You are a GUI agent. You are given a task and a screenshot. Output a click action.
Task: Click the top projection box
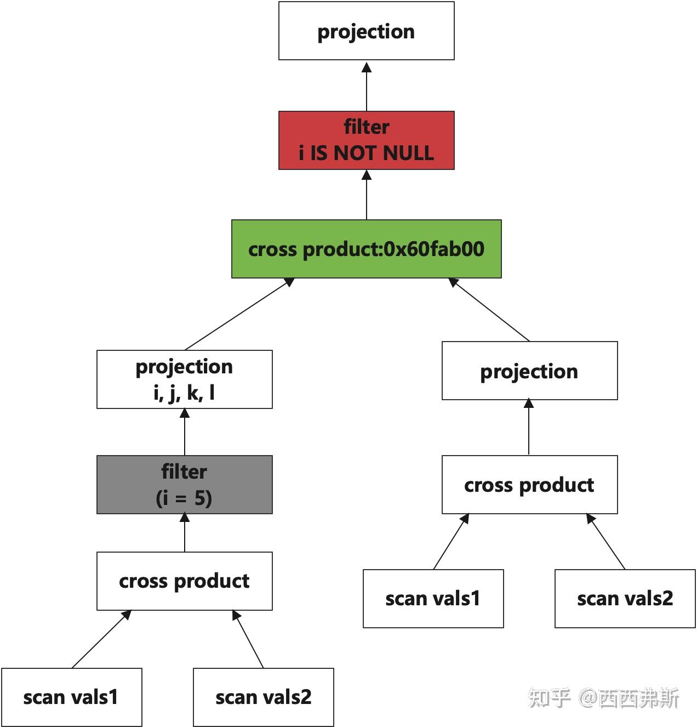pos(366,31)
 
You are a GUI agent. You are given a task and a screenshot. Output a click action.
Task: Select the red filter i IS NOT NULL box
pos(366,140)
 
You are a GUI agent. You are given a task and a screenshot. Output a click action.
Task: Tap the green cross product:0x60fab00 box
pos(366,249)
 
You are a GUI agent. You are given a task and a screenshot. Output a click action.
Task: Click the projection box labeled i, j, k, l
pos(184,379)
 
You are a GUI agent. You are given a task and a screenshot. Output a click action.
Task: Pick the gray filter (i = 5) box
pos(184,485)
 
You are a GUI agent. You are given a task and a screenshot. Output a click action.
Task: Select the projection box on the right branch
pos(529,371)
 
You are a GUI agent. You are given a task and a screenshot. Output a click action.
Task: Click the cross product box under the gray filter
pos(184,581)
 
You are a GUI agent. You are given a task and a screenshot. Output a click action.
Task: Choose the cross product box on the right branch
pos(529,485)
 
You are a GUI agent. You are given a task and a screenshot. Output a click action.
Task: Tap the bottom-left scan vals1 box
pos(71,697)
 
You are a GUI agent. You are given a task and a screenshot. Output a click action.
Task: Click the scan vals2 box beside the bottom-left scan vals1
pos(263,697)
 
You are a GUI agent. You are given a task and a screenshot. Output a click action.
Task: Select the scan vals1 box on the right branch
pos(433,599)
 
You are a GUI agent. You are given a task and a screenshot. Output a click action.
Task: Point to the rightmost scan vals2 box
pos(625,599)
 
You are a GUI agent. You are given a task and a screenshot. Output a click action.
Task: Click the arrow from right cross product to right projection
pos(529,428)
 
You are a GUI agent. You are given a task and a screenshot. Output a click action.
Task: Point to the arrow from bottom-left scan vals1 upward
pos(101,639)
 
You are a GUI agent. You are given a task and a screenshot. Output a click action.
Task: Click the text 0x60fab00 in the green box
pos(433,249)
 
